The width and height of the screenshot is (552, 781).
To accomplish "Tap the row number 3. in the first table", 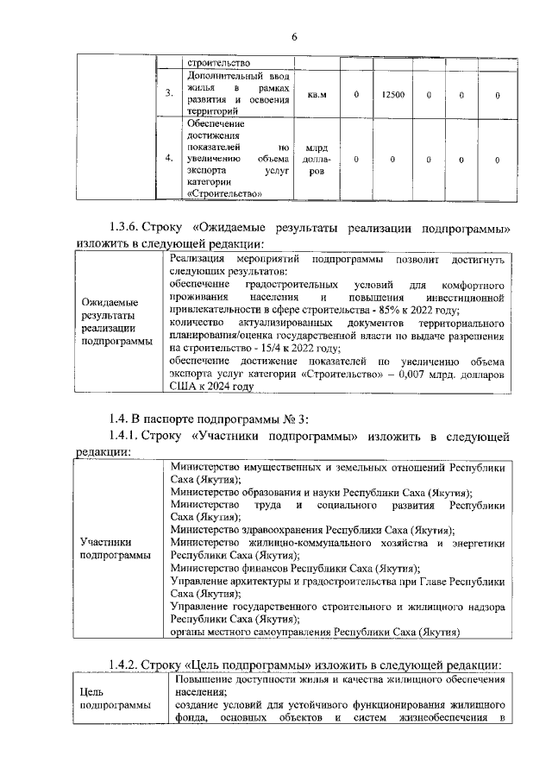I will coord(169,94).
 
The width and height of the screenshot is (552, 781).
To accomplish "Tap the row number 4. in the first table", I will coord(169,159).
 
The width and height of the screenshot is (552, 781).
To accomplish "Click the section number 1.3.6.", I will coord(130,228).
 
